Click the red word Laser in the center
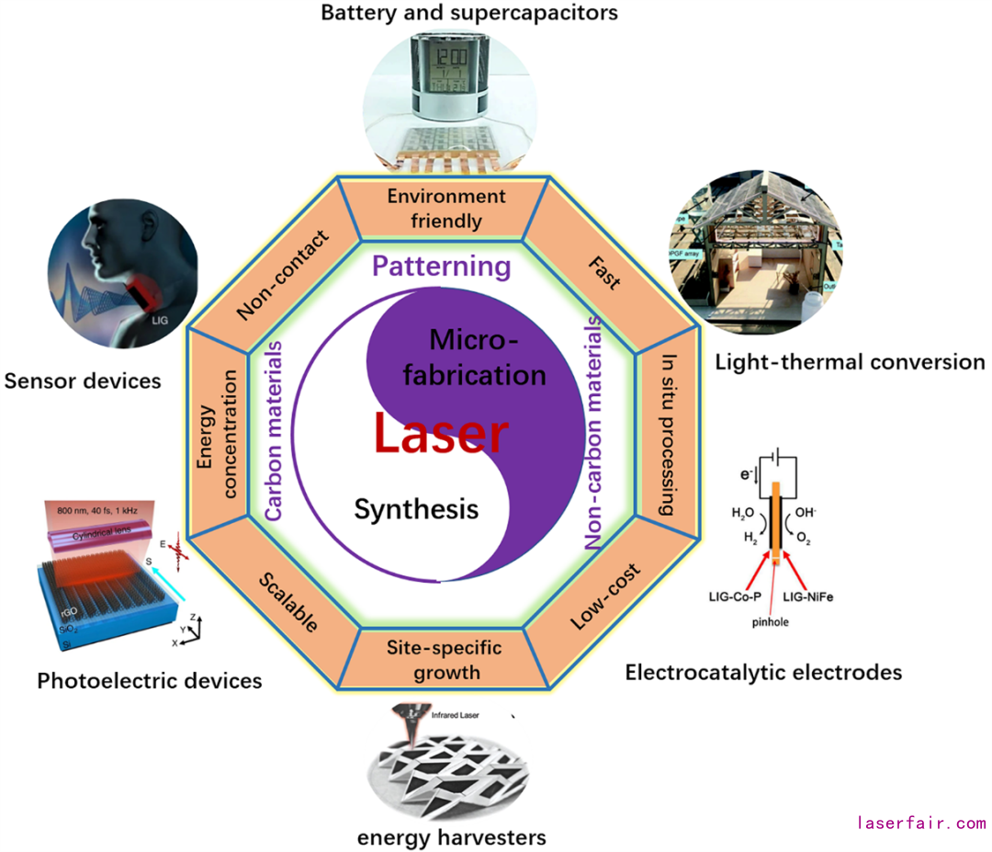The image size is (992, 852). pos(440,434)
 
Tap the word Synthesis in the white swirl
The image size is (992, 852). pos(416,508)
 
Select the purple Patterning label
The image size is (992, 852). pos(441,267)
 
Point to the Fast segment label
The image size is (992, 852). pos(603,272)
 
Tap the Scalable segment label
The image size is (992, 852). pos(287,603)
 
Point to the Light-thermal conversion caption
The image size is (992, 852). pos(850,361)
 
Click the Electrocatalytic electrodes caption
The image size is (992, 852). pos(763,673)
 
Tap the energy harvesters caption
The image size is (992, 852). pos(452,837)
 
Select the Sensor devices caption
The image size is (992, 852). pos(83,380)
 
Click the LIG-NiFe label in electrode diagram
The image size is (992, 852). pos(808,596)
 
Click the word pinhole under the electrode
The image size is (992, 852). pos(768,622)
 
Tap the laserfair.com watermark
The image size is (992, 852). pos(920,823)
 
